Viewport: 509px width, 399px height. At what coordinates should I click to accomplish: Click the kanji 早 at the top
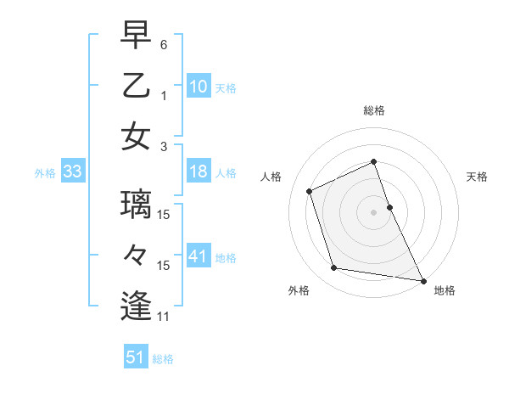(136, 37)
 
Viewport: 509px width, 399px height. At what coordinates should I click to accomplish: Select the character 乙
(136, 86)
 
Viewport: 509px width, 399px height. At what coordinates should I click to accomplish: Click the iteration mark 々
(136, 256)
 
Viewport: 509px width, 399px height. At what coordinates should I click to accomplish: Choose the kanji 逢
(136, 306)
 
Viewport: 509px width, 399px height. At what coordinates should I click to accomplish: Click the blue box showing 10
(199, 87)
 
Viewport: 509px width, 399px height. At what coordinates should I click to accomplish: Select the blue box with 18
(199, 171)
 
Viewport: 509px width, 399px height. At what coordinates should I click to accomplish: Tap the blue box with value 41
(199, 256)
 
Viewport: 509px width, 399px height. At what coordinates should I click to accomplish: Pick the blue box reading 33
(73, 172)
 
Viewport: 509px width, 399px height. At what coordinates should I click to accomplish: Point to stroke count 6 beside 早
(164, 44)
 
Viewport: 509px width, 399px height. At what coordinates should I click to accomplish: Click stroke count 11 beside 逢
(164, 317)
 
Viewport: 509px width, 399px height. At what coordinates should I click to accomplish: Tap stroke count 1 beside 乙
(164, 95)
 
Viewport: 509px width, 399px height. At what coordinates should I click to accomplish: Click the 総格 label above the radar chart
(374, 110)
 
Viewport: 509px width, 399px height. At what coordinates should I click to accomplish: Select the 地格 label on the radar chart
(445, 290)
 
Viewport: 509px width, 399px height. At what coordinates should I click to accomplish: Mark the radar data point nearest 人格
(310, 191)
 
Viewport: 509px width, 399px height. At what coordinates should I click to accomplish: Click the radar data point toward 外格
(334, 268)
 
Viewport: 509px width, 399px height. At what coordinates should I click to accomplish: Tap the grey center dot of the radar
(374, 212)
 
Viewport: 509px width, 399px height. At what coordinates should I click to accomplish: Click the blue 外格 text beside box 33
(45, 173)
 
